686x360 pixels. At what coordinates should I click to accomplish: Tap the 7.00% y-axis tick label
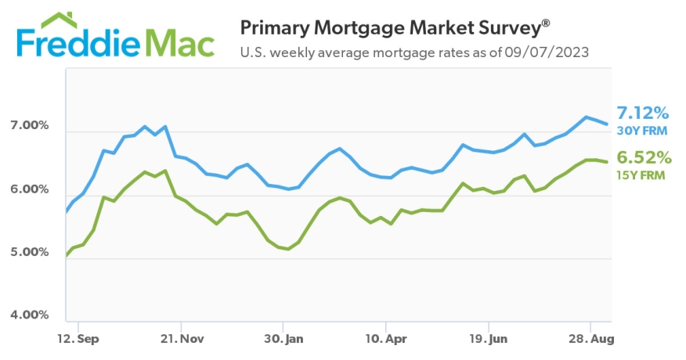(29, 126)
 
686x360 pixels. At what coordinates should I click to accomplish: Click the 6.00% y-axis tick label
(29, 189)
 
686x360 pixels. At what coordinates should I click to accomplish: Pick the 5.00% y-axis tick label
(29, 253)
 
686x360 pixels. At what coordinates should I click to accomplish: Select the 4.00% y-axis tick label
(29, 315)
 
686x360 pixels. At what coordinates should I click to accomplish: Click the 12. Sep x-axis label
(78, 340)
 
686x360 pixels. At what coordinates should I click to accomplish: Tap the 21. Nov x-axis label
(181, 340)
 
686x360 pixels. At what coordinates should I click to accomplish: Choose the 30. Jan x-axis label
(283, 340)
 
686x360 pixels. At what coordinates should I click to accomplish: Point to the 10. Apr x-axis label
(386, 340)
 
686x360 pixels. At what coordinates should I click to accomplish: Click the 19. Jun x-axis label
(489, 340)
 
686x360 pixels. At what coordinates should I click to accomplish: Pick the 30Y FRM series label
(641, 130)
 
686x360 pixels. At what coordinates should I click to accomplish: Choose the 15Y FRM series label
(641, 175)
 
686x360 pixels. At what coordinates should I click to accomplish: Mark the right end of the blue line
(607, 124)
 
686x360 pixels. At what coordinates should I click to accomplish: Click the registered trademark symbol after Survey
(546, 22)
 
